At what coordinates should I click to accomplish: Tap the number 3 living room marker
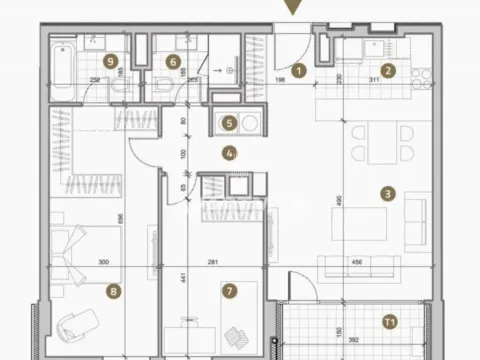[x=387, y=194]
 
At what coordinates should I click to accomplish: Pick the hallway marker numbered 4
[x=230, y=154]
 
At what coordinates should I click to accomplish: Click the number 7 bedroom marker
[x=230, y=292]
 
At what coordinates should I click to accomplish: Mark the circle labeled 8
[x=113, y=292]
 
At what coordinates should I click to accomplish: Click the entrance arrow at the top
[x=291, y=8]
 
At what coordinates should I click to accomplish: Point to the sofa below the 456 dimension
[x=357, y=265]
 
